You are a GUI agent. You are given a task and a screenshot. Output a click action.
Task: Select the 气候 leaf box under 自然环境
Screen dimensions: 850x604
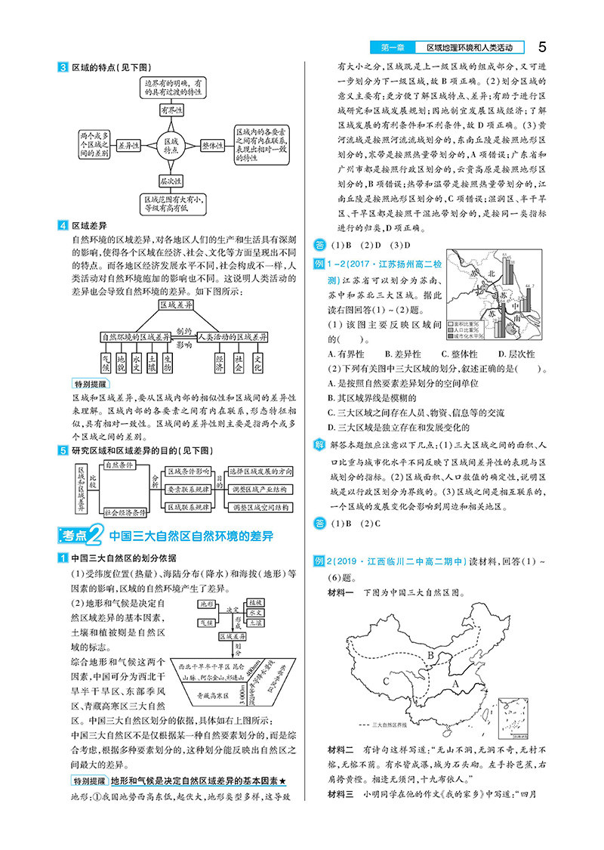coord(106,363)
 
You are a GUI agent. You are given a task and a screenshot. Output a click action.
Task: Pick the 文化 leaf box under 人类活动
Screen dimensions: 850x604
coord(258,363)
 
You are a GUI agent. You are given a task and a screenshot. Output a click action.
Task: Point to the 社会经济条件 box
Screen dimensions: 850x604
coord(123,512)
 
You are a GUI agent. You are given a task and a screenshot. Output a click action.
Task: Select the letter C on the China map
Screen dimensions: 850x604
coord(386,680)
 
